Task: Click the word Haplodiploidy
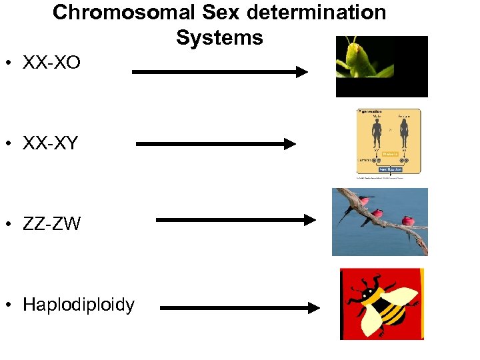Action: click(x=79, y=305)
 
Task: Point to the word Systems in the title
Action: click(x=219, y=38)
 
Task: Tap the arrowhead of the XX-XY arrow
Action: click(x=289, y=143)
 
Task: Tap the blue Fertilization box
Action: click(x=391, y=169)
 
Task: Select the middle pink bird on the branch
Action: click(x=377, y=213)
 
